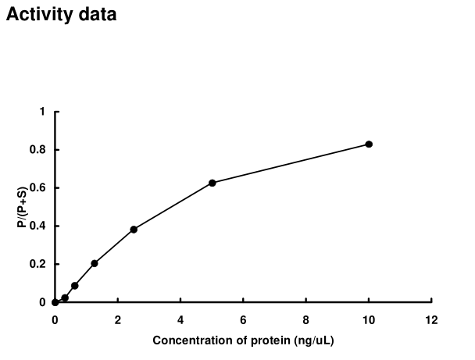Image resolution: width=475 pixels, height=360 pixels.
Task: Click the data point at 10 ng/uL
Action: [x=369, y=144]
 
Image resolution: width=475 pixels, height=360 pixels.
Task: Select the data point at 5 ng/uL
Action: [x=212, y=183]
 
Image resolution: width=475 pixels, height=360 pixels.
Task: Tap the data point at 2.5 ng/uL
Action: [x=134, y=230]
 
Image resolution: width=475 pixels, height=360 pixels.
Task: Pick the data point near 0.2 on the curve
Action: [x=95, y=263]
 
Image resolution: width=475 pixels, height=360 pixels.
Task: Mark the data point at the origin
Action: [x=55, y=302]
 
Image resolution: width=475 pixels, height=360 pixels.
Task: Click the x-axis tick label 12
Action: [x=430, y=320]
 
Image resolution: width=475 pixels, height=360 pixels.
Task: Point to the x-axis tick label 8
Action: [x=369, y=320]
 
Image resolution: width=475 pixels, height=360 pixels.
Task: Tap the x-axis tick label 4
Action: [x=180, y=320]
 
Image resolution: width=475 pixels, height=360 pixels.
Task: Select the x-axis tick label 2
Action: [x=117, y=320]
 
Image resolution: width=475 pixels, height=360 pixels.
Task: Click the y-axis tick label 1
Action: [x=42, y=112]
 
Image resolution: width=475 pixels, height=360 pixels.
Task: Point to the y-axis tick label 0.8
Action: [x=38, y=150]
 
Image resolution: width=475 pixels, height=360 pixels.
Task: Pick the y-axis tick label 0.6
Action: [x=38, y=188]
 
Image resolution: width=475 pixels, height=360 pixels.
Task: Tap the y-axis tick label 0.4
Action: [x=38, y=226]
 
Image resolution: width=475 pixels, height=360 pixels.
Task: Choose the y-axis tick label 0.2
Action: [x=38, y=264]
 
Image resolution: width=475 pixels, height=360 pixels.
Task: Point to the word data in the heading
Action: [x=97, y=16]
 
